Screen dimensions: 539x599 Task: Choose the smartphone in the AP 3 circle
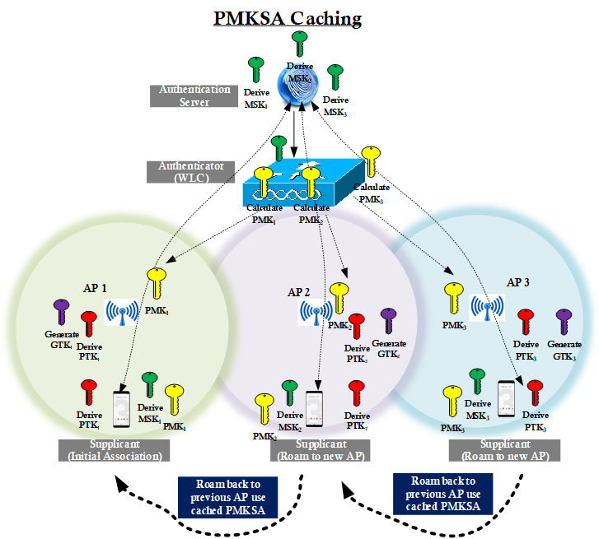[508, 400]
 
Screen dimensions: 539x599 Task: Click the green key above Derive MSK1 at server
[256, 71]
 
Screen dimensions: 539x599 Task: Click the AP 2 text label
[299, 292]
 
